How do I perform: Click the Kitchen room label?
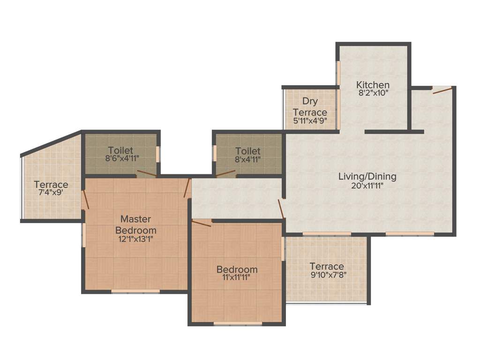point(373,85)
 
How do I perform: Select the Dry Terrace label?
point(309,107)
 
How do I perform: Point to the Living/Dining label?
point(367,177)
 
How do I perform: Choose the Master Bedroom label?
point(135,225)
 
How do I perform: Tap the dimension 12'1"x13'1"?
point(135,238)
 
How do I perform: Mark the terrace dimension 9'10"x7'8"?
point(329,275)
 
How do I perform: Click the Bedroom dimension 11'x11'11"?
point(237,277)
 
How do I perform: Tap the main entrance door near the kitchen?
point(442,90)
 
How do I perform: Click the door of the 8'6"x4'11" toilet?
point(146,174)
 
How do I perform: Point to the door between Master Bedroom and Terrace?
point(85,200)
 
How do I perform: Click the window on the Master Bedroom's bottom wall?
point(135,292)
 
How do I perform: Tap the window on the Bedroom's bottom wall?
point(237,323)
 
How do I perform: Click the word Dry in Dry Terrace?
point(310,101)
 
